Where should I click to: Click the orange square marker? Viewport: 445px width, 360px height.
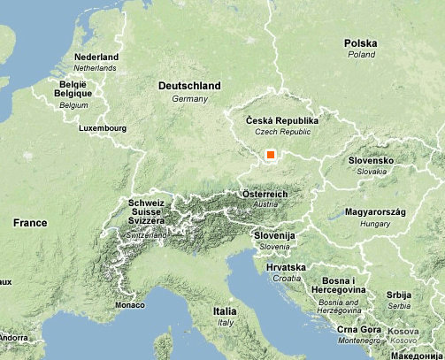[x=271, y=155]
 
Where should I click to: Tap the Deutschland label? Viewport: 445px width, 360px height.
[x=188, y=86]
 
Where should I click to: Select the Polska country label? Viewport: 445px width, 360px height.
[x=361, y=43]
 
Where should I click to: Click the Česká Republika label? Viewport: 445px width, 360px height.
[x=281, y=120]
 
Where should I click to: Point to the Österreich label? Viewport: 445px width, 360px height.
[x=265, y=194]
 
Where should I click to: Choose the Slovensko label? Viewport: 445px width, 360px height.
[x=371, y=161]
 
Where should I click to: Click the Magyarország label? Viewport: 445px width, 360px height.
[x=374, y=212]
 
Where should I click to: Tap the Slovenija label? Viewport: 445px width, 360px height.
[x=273, y=236]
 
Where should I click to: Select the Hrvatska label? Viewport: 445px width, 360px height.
[x=286, y=266]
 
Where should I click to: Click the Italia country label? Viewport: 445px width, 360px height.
[x=225, y=312]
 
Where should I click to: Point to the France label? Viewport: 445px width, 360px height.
[x=30, y=224]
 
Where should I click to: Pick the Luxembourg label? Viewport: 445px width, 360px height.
[x=103, y=128]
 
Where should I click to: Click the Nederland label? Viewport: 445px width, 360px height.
[x=97, y=57]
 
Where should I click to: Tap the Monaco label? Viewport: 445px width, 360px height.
[x=129, y=305]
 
